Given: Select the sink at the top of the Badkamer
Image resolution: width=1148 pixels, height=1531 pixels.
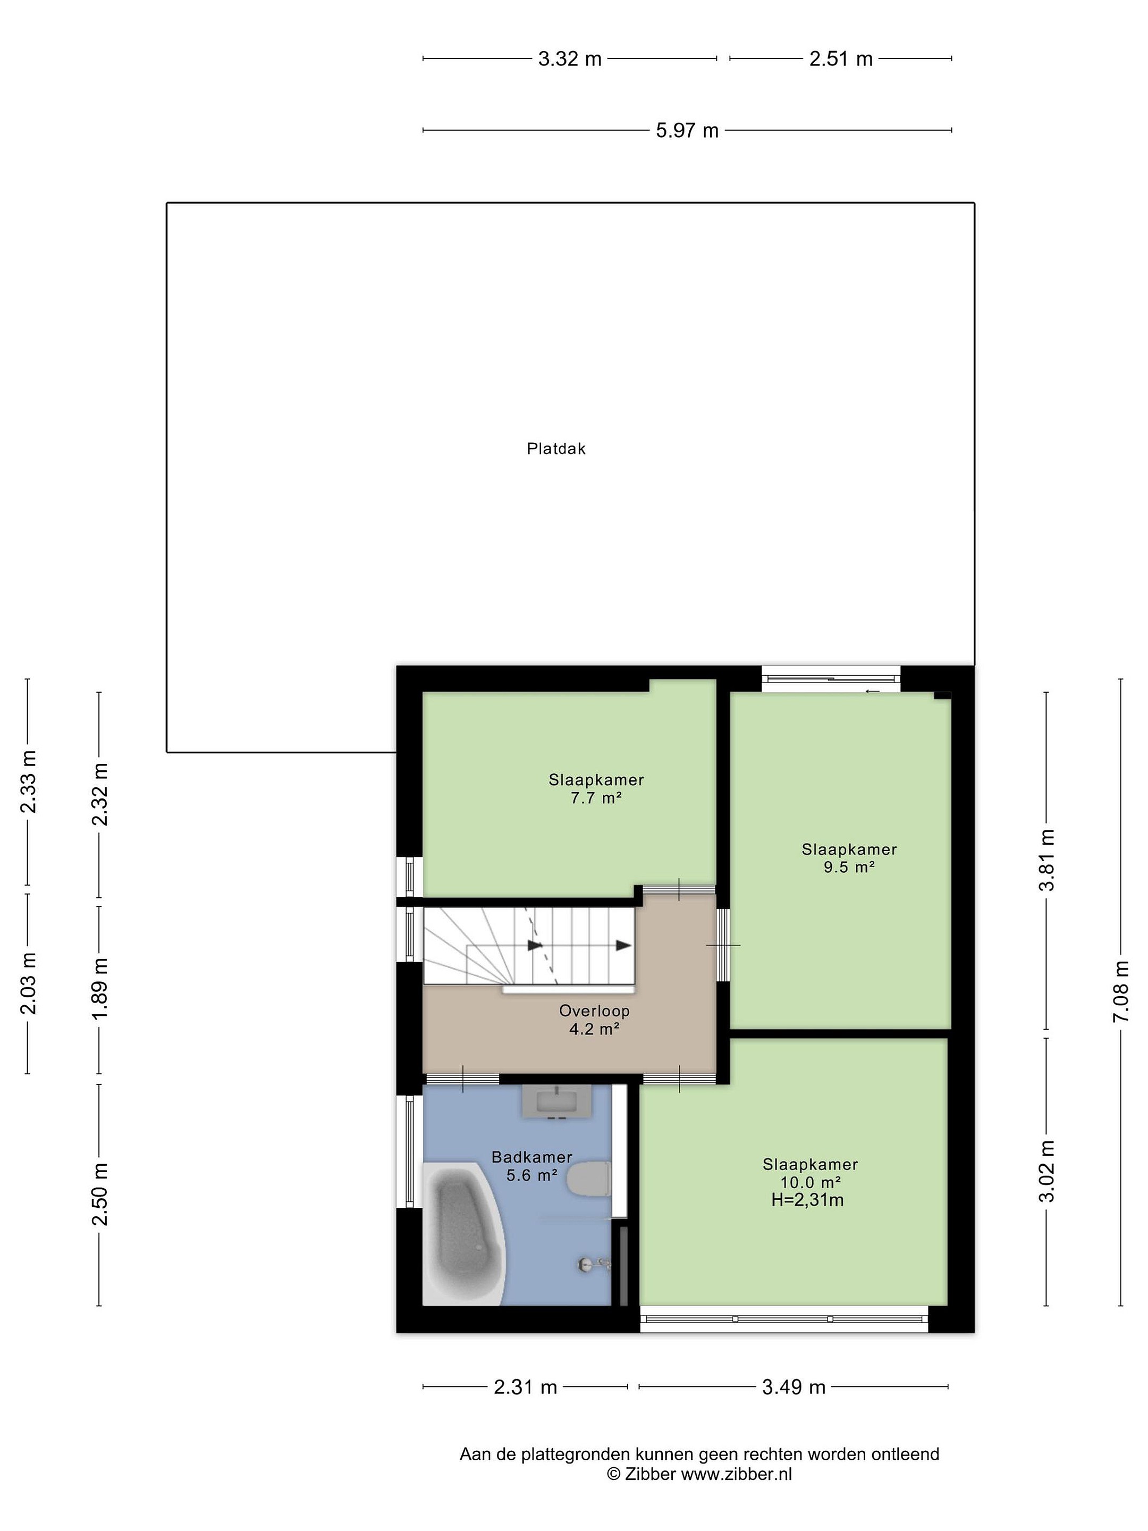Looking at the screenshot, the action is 556,1101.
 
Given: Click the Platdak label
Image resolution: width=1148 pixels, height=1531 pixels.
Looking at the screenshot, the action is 556,449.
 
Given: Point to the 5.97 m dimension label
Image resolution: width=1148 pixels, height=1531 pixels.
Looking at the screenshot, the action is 687,130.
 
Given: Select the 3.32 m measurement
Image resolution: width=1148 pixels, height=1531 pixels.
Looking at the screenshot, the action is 570,59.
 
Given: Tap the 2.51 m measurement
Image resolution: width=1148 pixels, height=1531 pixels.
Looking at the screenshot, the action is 841,59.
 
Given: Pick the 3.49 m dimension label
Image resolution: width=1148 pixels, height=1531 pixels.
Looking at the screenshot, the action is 794,1387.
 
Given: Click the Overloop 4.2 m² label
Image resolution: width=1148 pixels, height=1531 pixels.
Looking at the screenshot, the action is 594,1020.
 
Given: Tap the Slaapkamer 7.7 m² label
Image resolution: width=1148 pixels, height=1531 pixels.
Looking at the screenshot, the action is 596,788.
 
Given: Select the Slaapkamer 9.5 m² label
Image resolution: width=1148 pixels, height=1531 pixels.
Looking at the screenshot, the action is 849,858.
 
